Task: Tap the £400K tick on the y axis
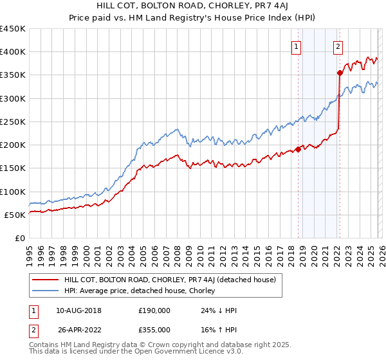click(x=13, y=52)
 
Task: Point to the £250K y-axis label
click(x=13, y=122)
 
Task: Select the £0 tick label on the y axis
click(x=20, y=238)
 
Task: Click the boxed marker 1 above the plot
click(x=296, y=46)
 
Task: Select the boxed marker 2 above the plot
click(x=338, y=46)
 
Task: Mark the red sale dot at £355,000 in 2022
click(x=340, y=73)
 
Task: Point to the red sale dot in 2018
click(x=298, y=150)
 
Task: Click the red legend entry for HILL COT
click(x=170, y=280)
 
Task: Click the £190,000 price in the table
click(x=154, y=310)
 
